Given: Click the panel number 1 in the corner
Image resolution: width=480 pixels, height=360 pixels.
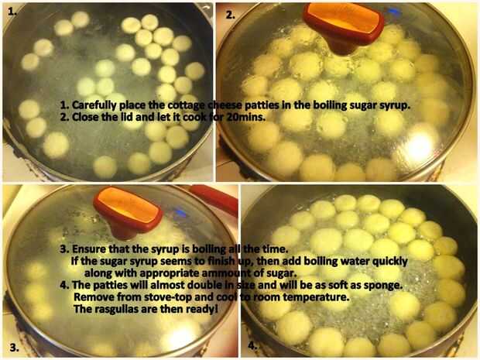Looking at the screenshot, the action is coord(12,12).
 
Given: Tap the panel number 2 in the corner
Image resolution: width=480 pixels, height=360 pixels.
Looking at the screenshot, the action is coord(230,15).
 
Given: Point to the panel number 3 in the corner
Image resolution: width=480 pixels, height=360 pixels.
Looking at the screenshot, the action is coord(15,347).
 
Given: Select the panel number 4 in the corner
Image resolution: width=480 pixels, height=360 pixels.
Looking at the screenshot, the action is coord(252,346).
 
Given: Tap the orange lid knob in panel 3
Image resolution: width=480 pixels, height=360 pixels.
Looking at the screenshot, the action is coord(128,211).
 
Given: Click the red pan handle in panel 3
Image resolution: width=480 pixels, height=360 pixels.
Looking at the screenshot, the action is coord(214,198).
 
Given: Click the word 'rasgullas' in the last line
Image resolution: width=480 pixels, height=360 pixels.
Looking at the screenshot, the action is coord(116,309).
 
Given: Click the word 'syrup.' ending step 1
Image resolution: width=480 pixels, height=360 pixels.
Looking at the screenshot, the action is coord(395,105).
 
